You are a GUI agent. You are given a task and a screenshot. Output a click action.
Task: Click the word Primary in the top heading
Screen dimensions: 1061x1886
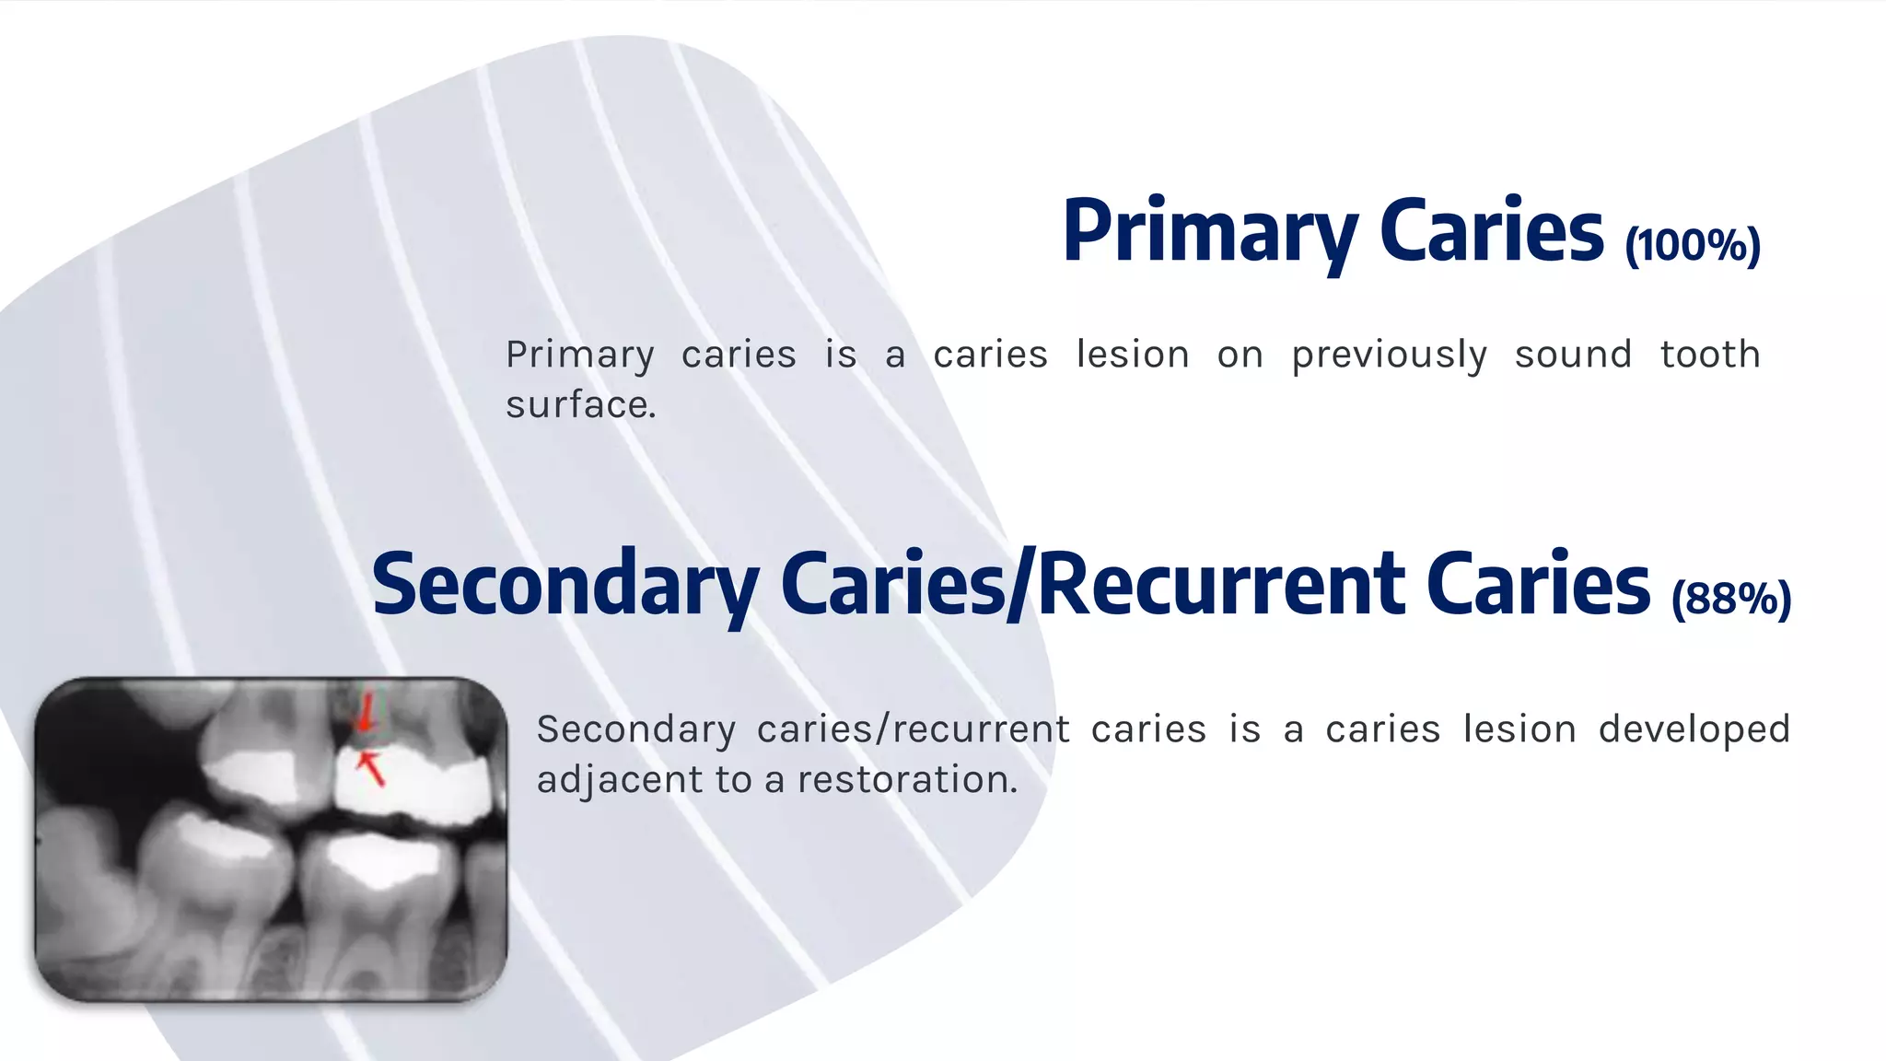(x=1210, y=232)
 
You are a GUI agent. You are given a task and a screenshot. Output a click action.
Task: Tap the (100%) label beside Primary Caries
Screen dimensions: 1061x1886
(x=1693, y=245)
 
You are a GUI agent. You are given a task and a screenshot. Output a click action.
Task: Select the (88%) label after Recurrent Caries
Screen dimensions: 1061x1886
(x=1731, y=599)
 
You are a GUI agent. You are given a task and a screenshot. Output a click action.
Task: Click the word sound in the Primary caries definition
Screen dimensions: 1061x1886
(x=1573, y=355)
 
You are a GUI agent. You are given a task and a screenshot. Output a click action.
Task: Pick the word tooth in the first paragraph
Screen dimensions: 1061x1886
(x=1710, y=355)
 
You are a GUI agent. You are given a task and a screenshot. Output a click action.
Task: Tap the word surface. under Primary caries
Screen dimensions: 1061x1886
(x=581, y=405)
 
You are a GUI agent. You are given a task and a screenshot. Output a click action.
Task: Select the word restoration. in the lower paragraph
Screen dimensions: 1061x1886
(x=907, y=780)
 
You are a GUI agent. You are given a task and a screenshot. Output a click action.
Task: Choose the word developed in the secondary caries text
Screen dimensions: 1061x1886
(x=1694, y=729)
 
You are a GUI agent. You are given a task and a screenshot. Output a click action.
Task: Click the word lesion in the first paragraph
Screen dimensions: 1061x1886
(x=1133, y=355)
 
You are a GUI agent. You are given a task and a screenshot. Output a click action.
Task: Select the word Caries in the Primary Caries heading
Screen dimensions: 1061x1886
(x=1492, y=232)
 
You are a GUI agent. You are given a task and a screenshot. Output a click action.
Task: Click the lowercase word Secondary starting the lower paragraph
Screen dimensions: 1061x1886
(x=636, y=729)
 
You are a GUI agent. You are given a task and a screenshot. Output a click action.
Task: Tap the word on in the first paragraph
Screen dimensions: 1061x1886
(x=1240, y=356)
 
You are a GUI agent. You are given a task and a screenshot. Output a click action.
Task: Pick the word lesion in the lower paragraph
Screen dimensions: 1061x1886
(x=1519, y=729)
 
